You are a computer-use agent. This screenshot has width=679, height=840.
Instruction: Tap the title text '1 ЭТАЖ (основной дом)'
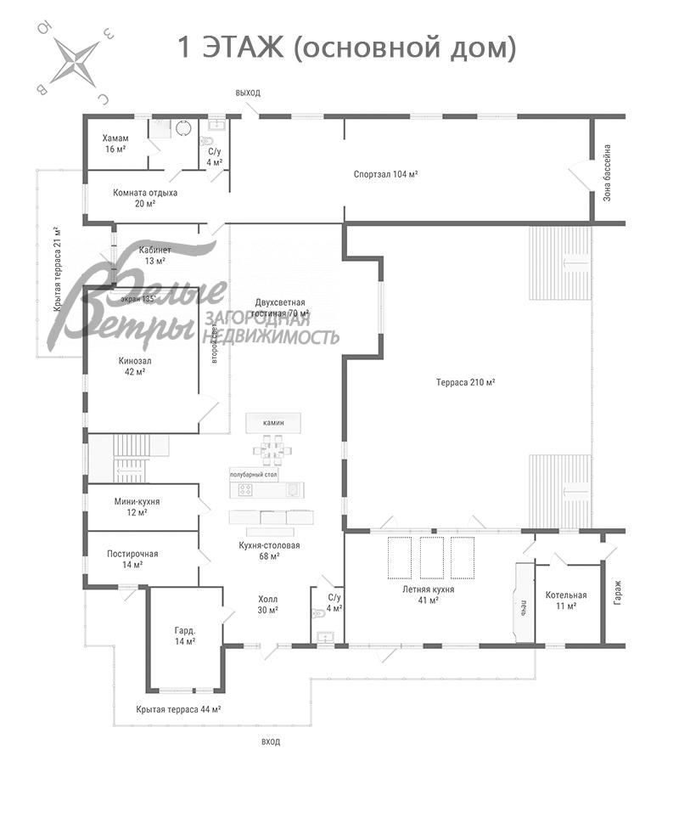click(346, 48)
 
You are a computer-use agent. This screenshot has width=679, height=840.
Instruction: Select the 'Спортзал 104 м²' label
click(385, 174)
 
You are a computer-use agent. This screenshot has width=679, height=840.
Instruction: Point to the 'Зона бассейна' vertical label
click(607, 173)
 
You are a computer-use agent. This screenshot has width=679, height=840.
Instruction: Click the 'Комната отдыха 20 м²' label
click(145, 198)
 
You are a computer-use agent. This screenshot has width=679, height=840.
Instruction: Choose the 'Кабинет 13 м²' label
click(154, 256)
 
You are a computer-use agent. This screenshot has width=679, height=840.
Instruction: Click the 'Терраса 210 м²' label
click(465, 382)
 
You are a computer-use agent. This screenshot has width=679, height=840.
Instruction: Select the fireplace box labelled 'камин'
click(273, 422)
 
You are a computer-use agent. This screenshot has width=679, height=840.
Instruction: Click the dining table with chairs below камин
click(273, 449)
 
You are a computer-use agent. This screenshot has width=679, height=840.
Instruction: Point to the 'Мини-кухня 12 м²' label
click(137, 507)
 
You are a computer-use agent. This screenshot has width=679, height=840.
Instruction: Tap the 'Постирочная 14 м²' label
click(132, 559)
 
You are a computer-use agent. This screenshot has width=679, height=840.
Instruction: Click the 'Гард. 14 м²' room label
click(184, 635)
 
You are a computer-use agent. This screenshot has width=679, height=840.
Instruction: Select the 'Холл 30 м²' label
click(267, 604)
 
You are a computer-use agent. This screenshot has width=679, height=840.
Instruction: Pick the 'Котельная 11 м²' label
click(566, 600)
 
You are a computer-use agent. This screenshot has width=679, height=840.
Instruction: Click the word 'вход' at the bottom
click(271, 741)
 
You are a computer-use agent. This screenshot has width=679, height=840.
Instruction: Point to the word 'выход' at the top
click(248, 92)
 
